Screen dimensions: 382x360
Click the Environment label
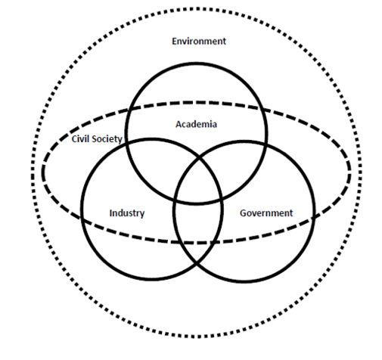pos(199,41)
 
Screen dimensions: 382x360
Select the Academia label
pos(196,124)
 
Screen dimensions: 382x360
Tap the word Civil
pos(79,138)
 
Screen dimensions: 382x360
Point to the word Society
pos(106,139)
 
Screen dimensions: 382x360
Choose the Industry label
pos(127,213)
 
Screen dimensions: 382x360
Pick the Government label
pos(266,213)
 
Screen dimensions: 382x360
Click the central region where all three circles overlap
pos(198,180)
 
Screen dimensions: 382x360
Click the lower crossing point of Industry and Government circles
pos(197,264)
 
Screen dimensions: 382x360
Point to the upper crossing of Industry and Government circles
pos(199,158)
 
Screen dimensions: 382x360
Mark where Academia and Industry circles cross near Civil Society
pos(126,144)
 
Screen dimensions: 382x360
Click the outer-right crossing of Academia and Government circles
pos(265,144)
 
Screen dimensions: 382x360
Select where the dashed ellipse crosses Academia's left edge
pos(130,110)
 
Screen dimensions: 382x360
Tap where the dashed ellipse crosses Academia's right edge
pos(261,109)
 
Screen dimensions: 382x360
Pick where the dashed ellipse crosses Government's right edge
pos(313,218)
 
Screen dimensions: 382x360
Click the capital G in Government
pos(243,213)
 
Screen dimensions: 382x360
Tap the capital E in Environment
pos(174,41)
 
